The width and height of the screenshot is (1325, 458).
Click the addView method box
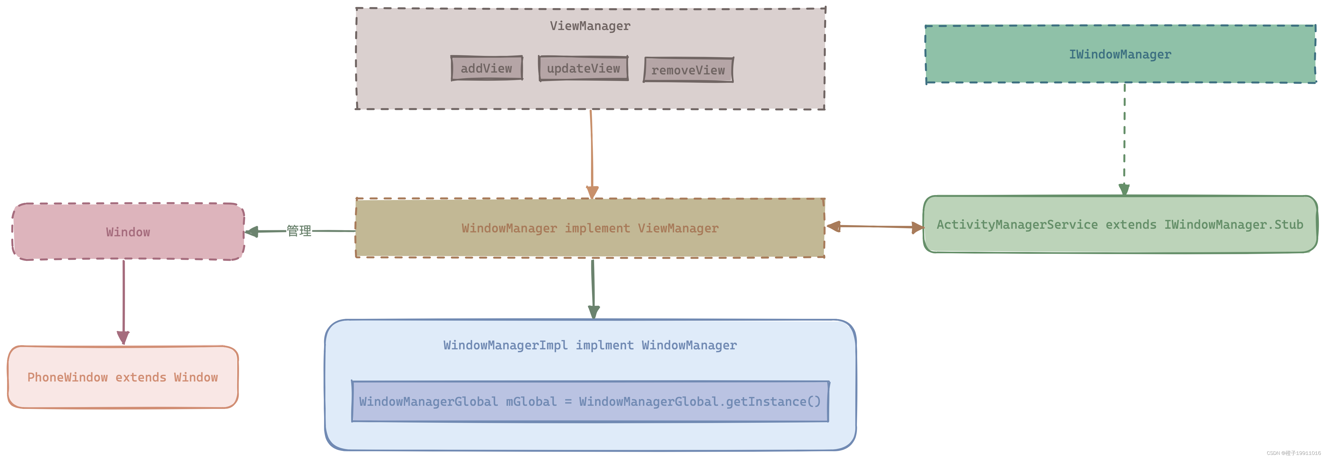[487, 68]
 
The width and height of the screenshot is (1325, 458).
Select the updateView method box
[583, 68]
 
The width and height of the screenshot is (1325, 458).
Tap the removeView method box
[688, 70]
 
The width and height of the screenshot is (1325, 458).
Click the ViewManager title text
[590, 26]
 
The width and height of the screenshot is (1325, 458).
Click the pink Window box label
[128, 232]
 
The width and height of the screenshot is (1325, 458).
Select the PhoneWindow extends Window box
[122, 377]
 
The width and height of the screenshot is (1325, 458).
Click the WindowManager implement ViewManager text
[590, 228]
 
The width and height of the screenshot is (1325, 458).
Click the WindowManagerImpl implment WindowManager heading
[590, 345]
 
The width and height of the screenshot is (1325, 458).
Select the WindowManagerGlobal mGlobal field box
[590, 401]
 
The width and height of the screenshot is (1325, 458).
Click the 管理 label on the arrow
[299, 231]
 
